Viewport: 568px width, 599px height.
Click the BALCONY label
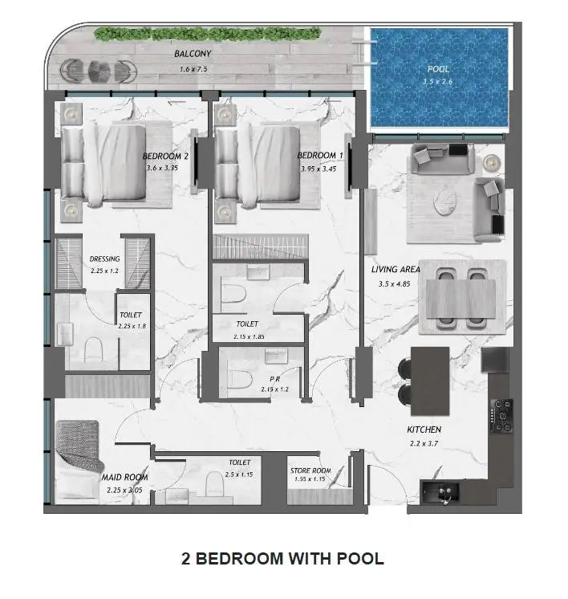pos(193,54)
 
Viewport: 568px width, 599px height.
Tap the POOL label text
pos(438,69)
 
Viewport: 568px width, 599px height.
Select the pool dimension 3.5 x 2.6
pos(437,81)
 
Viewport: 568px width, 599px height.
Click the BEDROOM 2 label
pos(165,156)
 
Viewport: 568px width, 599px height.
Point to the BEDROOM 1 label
pos(320,156)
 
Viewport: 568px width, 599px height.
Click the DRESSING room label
pos(104,259)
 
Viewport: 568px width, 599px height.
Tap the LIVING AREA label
pos(396,269)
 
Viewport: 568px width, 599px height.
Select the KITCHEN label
pos(424,430)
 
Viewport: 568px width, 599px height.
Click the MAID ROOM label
pos(124,477)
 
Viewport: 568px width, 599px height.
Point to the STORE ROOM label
pos(310,471)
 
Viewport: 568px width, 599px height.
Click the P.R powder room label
pos(275,379)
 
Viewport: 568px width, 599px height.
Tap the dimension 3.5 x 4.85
pos(395,283)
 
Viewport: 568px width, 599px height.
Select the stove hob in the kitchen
pos(501,416)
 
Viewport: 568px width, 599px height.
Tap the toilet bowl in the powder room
pos(240,378)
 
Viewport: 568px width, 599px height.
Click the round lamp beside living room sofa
pos(491,162)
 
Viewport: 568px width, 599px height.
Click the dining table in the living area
pos(460,299)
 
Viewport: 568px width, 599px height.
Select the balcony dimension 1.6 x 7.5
pos(193,69)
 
